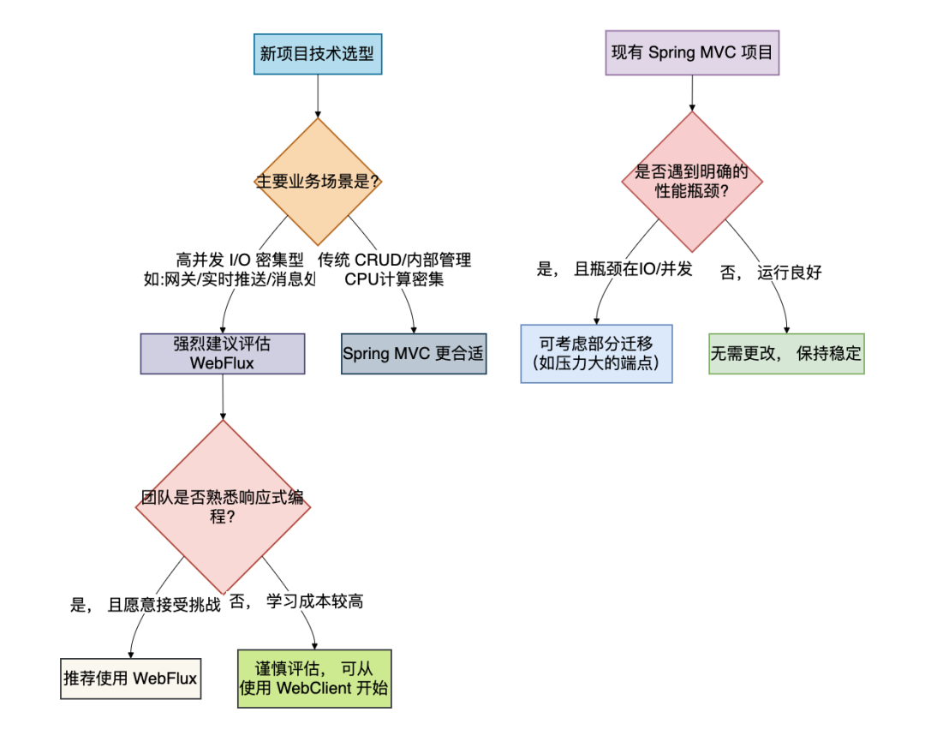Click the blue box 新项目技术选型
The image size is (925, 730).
[x=318, y=54]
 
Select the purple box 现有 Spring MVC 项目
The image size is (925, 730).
[x=692, y=53]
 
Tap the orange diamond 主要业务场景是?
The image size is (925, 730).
[x=318, y=182]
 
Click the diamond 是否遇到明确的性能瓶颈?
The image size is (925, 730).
[x=692, y=182]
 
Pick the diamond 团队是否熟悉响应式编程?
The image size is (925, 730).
[x=223, y=506]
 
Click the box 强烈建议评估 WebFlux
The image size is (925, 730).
[x=223, y=354]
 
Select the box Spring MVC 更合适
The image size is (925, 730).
[x=414, y=354]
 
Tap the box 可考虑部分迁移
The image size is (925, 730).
[x=597, y=353]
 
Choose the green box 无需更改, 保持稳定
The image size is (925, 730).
[x=786, y=353]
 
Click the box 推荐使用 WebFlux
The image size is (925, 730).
[x=130, y=679]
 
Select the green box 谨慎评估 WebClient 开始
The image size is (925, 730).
[x=314, y=679]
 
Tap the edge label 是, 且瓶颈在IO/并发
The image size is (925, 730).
[x=614, y=271]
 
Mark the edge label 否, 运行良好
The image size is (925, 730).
[x=771, y=272]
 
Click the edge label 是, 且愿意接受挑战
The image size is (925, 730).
[x=145, y=604]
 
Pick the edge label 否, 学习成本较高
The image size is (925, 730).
[x=295, y=601]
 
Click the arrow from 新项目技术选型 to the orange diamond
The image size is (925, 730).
[x=318, y=96]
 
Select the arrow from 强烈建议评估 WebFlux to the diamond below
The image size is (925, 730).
[x=223, y=397]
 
